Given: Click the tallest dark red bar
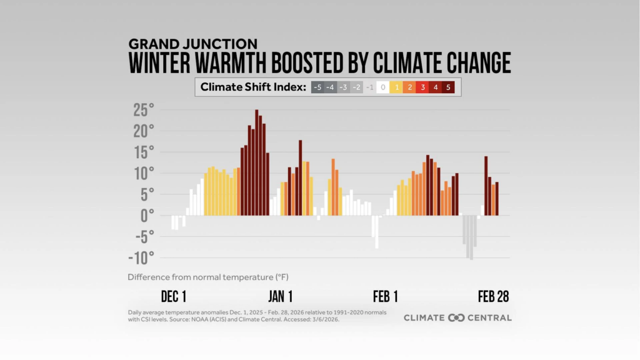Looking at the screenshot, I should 256,162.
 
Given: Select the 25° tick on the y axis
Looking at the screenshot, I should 143,111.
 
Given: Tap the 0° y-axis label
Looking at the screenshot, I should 147,216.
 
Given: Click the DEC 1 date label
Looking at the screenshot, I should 174,296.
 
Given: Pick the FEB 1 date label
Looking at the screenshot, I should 386,296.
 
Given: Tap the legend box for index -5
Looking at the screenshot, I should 317,87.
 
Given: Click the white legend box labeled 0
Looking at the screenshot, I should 383,87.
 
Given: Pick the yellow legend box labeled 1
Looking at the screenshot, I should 396,87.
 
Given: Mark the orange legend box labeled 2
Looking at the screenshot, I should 410,87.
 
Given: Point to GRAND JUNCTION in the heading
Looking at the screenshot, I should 192,44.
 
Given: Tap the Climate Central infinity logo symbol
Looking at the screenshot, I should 457,317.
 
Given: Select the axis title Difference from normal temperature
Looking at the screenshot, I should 208,276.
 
